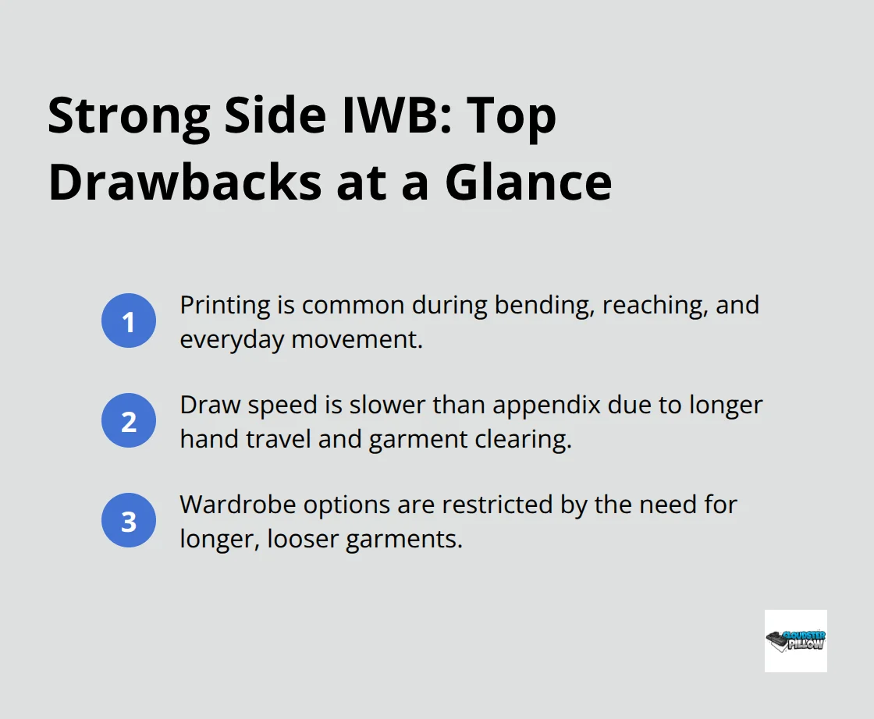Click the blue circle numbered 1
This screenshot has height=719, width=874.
[129, 321]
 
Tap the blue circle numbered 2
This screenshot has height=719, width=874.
[129, 421]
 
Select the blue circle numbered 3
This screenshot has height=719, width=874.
[129, 521]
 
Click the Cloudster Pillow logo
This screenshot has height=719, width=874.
[795, 640]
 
